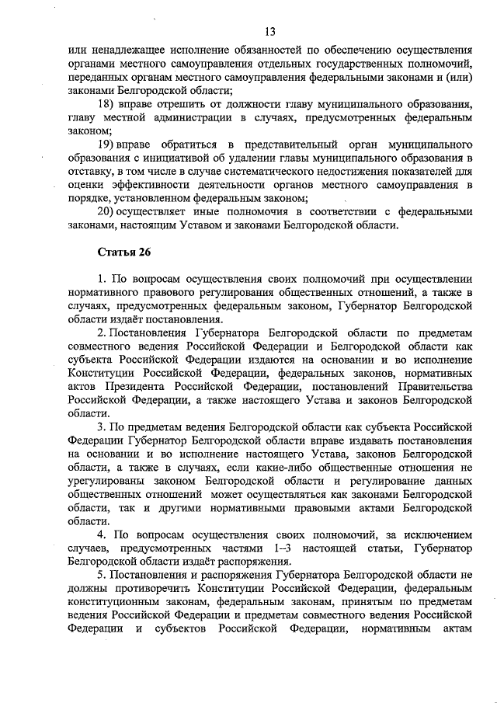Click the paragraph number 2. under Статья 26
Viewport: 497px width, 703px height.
[102, 333]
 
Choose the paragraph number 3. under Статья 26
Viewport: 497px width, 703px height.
[102, 426]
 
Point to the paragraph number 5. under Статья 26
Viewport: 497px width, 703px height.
[102, 574]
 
